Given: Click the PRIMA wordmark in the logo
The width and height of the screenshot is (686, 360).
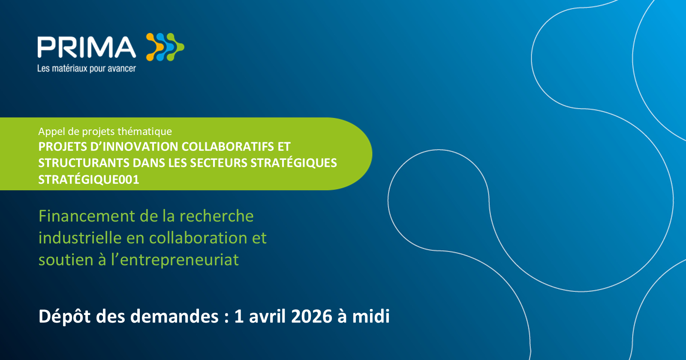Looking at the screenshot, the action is [87, 47].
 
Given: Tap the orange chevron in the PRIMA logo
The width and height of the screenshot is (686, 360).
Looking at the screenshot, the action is [155, 47].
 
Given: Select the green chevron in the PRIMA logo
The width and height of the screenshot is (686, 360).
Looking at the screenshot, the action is [175, 47].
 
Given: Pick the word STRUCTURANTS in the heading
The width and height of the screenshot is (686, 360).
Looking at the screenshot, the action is [84, 163].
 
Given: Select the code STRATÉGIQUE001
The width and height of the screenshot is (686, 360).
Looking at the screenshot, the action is [89, 180].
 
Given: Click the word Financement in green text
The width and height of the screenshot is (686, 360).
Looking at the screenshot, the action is [87, 216].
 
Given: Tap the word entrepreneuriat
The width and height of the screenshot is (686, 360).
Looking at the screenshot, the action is [179, 260].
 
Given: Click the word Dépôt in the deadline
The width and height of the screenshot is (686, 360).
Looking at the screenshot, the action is [64, 317].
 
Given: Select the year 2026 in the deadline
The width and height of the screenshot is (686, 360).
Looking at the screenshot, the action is [311, 316].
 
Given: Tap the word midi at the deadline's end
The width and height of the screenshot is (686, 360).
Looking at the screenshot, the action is [371, 316].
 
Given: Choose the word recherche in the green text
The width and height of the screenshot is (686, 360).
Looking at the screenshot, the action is [217, 216].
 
